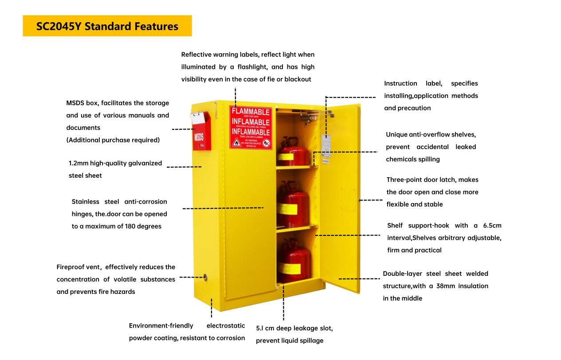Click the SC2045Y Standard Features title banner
107,26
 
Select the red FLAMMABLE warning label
251,127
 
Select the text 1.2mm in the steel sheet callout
78,163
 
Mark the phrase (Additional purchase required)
113,140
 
